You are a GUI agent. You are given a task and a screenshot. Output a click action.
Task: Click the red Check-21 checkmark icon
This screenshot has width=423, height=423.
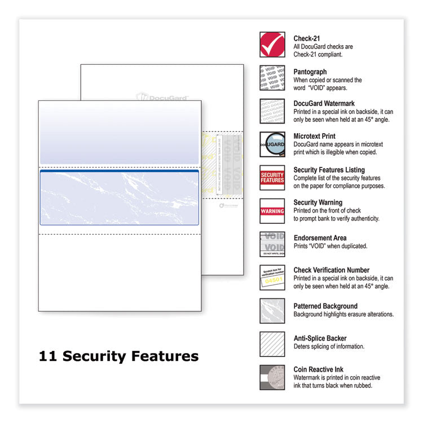(272, 45)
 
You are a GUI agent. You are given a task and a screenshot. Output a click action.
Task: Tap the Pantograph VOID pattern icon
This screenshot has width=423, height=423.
(272, 78)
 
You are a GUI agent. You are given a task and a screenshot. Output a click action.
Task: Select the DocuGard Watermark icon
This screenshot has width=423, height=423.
(272, 111)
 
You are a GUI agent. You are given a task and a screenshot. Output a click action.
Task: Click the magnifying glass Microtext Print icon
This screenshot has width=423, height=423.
(272, 144)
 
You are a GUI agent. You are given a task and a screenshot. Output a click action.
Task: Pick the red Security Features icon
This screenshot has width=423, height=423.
(272, 178)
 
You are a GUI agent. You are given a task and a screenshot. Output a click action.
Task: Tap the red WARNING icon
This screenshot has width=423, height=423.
(272, 211)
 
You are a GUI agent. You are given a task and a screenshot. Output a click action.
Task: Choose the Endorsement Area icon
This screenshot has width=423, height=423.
(272, 244)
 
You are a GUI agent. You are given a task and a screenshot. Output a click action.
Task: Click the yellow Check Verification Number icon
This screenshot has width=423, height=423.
(272, 277)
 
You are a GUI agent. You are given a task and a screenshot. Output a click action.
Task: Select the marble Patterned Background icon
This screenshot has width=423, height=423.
(272, 311)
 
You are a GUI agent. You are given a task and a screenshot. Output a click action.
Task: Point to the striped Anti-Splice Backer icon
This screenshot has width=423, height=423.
(272, 344)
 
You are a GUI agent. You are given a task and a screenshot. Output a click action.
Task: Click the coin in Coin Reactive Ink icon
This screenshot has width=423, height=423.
(274, 376)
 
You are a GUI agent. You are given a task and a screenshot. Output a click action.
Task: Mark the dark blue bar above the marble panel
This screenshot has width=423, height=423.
(119, 170)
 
